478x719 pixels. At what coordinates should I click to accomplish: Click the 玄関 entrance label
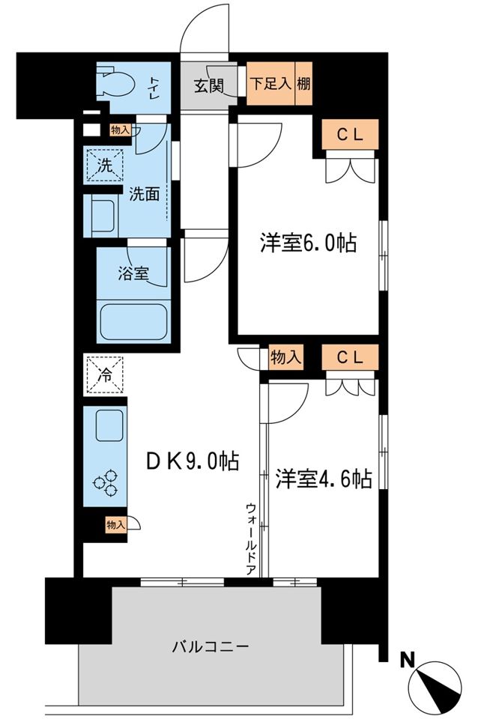pyautogui.click(x=210, y=85)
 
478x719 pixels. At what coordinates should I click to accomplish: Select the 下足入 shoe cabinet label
pyautogui.click(x=270, y=83)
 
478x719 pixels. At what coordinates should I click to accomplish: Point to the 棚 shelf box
pyautogui.click(x=303, y=83)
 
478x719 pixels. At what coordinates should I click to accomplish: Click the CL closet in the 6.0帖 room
pyautogui.click(x=351, y=135)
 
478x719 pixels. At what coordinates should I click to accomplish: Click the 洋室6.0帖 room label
pyautogui.click(x=307, y=243)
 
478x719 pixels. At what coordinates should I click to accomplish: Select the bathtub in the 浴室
pyautogui.click(x=133, y=321)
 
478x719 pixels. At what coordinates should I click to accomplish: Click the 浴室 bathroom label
pyautogui.click(x=133, y=274)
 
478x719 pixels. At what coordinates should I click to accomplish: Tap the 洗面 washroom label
pyautogui.click(x=144, y=193)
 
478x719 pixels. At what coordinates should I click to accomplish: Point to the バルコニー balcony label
pyautogui.click(x=211, y=646)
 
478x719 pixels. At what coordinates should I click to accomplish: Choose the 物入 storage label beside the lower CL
pyautogui.click(x=285, y=357)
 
